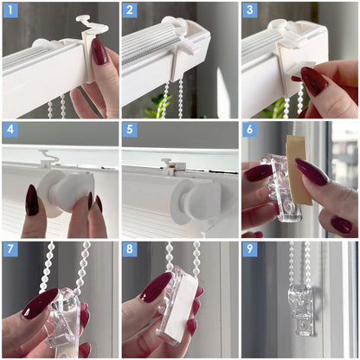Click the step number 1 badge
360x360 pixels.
pos(10,10)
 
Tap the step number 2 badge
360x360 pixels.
pos(130,10)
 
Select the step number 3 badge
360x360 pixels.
pos(250,10)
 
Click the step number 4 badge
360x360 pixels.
pos(10,130)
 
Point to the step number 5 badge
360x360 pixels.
pos(130,130)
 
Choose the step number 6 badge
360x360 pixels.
pos(250,130)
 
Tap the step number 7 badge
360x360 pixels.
pos(10,249)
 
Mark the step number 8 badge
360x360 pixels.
pos(130,249)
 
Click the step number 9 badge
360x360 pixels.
pos(250,249)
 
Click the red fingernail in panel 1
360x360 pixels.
pos(100,51)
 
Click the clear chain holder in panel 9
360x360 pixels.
pos(301,310)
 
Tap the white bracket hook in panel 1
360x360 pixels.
pos(92,24)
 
